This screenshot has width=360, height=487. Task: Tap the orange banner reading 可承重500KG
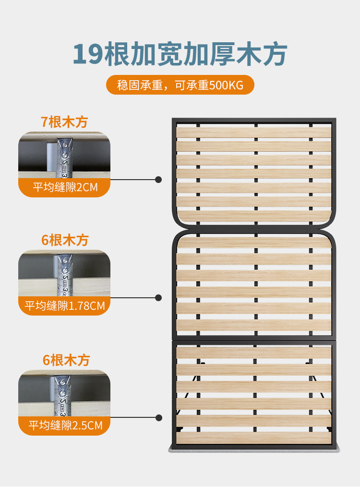coord(180,85)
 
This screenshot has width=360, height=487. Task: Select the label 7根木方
coord(64,122)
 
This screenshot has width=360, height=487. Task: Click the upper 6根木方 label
coord(65,240)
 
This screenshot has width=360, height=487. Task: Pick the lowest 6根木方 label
coord(66,360)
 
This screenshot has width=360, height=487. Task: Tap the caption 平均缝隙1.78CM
coord(64,306)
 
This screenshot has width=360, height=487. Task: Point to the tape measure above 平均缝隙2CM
coord(64,158)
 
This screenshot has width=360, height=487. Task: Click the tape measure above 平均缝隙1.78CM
coord(65,275)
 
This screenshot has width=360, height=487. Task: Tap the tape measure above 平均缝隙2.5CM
coord(63,396)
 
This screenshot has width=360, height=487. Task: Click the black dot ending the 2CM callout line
coord(158,180)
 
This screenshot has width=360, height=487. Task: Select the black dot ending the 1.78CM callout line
coord(158,298)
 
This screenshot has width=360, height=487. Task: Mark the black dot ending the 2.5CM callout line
coord(158,418)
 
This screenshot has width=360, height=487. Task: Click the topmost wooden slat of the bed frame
coord(254,132)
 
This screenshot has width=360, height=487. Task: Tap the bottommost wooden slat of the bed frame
coord(254,438)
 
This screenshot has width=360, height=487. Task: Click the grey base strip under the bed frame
coord(254,449)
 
